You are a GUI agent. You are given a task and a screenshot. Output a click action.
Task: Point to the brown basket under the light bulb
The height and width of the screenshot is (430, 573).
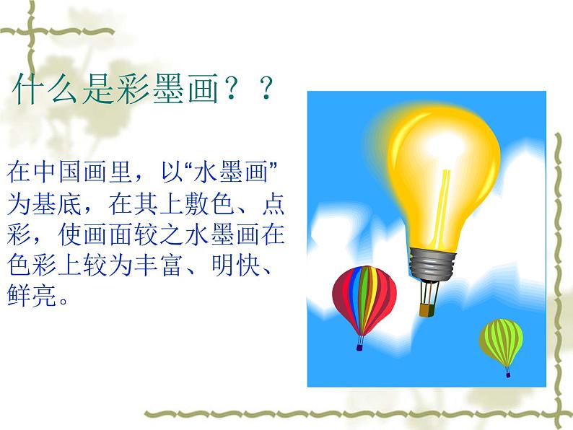[427, 309]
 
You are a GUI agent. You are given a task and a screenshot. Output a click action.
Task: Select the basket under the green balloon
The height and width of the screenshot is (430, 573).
[508, 373]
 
